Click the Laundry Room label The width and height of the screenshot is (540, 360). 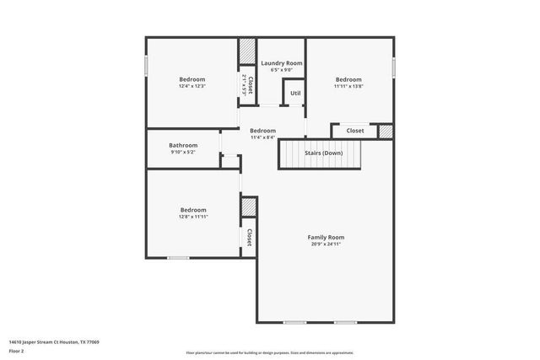tap(281, 63)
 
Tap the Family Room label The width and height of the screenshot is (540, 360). tap(325, 238)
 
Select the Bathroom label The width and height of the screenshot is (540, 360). tap(183, 145)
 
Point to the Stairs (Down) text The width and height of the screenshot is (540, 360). tap(323, 153)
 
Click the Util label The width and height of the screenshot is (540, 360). tap(295, 93)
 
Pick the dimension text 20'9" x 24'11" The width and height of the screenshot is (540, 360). tap(325, 244)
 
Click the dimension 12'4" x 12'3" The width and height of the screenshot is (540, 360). tap(192, 86)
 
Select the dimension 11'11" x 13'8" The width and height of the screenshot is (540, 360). tap(348, 86)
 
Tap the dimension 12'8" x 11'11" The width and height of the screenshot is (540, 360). tap(192, 217)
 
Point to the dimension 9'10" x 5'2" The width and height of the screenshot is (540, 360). tap(183, 152)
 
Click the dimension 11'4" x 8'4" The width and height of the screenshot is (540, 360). tap(262, 137)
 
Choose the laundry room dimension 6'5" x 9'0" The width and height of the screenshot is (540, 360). tap(281, 70)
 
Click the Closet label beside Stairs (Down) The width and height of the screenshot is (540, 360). tap(355, 131)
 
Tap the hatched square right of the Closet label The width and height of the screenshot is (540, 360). tap(386, 131)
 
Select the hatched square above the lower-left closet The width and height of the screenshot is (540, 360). tap(249, 207)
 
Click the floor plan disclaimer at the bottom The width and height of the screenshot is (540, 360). tap(269, 353)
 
